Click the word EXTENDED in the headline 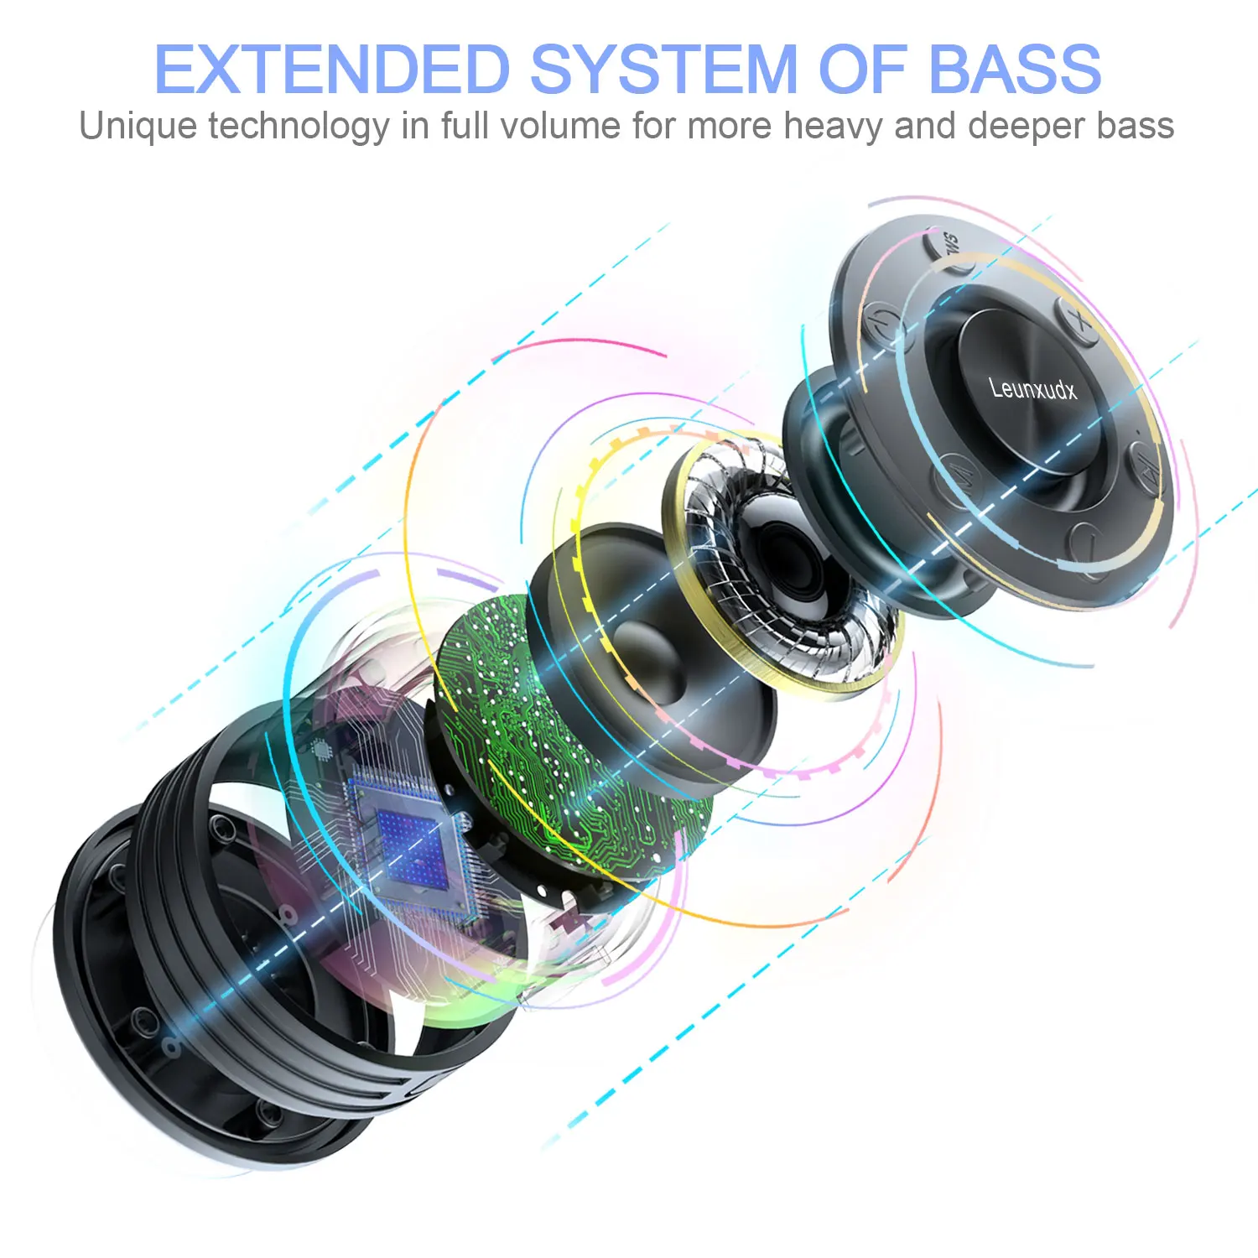pos(332,69)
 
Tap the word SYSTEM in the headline pos(663,69)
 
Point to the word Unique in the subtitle pos(138,127)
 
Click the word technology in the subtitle pos(298,127)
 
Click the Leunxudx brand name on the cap pos(1032,388)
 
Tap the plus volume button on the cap pos(1079,322)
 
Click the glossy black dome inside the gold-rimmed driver pos(780,558)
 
